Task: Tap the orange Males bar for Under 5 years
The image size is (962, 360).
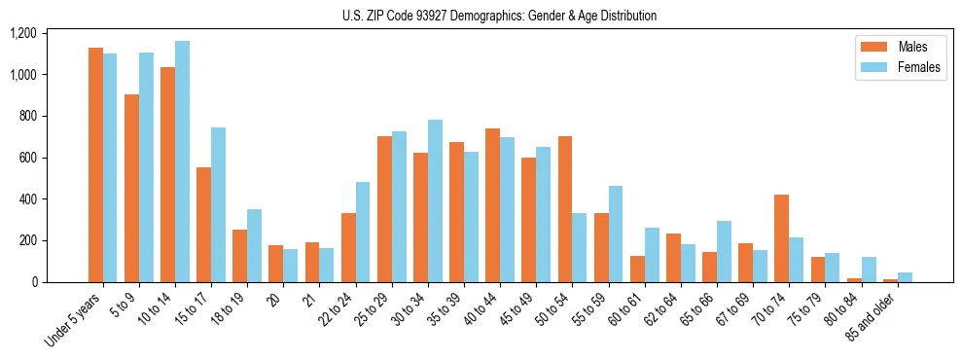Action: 95,165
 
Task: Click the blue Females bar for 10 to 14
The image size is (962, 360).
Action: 183,162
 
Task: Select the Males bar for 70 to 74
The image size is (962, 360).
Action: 781,238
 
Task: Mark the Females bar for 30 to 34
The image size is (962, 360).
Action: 435,200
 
